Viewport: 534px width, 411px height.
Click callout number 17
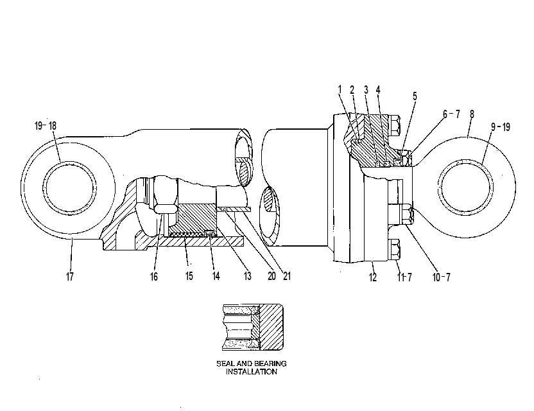pos(70,276)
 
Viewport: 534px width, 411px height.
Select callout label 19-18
pos(46,126)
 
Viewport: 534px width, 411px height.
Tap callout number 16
pos(154,276)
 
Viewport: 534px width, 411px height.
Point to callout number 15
pos(189,275)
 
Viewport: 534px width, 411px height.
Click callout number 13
pos(248,275)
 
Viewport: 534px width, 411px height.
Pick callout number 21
pos(287,275)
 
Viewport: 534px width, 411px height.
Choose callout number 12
pos(373,277)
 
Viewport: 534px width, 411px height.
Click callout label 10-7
pos(442,277)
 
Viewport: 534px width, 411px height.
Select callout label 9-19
pos(501,127)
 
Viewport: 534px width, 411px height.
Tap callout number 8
pos(472,114)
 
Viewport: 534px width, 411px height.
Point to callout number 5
pos(415,96)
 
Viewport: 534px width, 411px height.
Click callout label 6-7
pos(452,114)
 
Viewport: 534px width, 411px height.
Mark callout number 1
pos(340,89)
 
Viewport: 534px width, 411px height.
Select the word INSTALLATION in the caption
pos(252,371)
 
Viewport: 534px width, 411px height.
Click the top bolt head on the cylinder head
pos(394,125)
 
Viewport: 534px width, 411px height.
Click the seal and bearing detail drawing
pos(253,327)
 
